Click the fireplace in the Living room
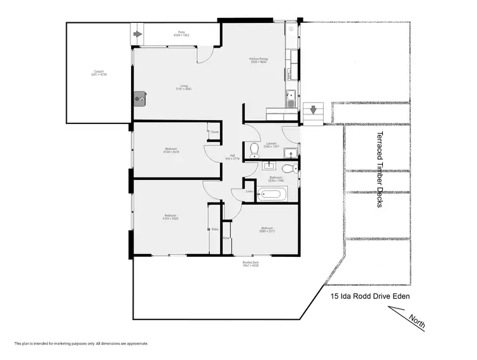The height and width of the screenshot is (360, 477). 140,98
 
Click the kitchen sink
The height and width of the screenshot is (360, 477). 290,97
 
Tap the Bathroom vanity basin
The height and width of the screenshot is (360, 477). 267,167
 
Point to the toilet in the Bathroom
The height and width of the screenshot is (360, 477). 289,169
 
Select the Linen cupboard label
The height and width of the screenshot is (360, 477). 249,191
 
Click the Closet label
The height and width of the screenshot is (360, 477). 214,132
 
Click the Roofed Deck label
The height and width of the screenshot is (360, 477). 250,264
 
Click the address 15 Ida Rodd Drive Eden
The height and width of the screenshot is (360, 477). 370,296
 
